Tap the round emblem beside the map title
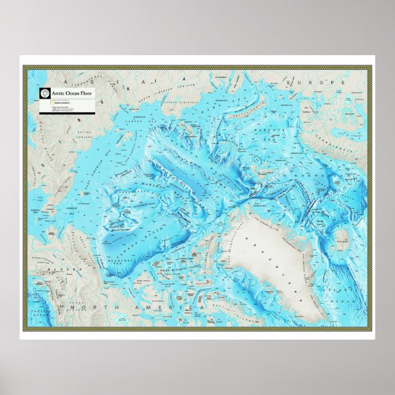[44, 93]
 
